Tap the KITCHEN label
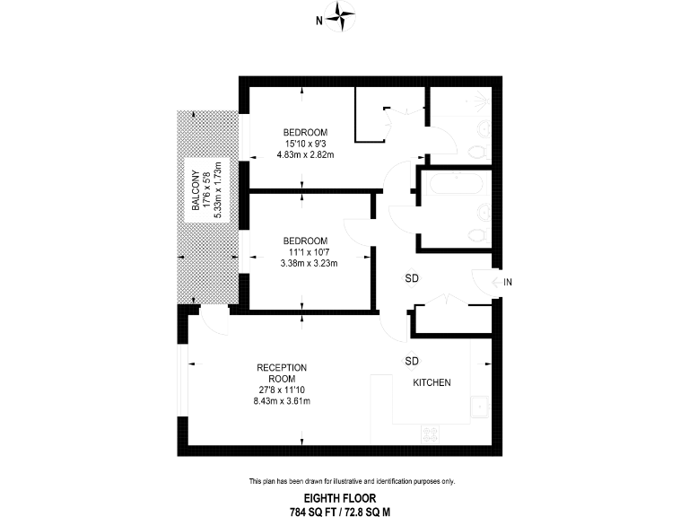tap(432, 383)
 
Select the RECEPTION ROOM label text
tap(282, 372)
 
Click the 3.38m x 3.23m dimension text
tap(305, 263)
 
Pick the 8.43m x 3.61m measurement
tap(282, 401)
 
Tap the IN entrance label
tap(508, 283)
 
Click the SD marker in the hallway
tap(412, 277)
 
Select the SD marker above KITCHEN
tap(412, 361)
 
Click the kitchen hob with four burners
tap(432, 434)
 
